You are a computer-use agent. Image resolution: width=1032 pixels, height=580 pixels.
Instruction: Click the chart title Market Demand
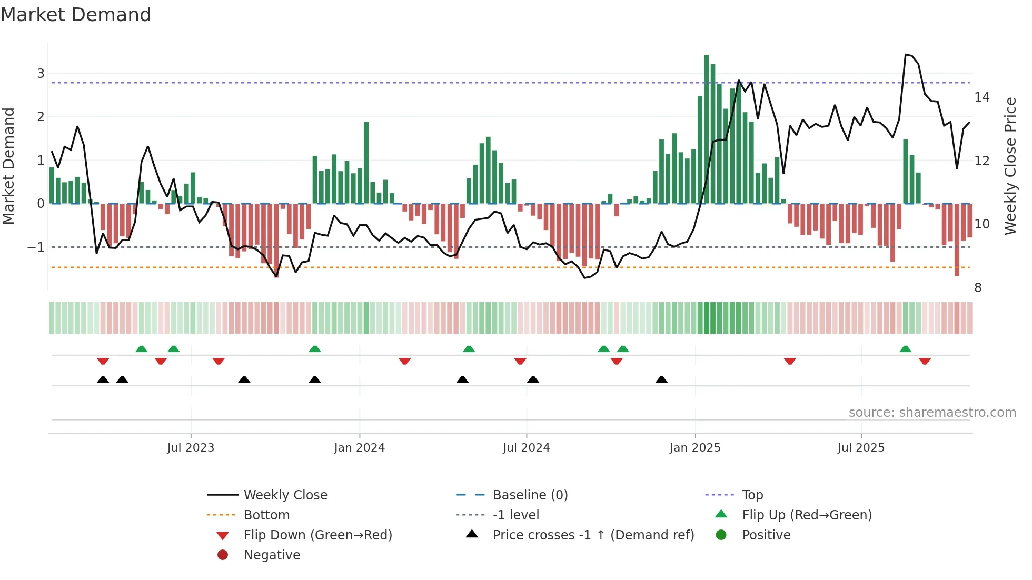[x=76, y=15]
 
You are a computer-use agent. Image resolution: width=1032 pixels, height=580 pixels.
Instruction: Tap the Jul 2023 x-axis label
[x=191, y=448]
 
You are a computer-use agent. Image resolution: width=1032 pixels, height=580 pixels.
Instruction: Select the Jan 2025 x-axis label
[x=695, y=448]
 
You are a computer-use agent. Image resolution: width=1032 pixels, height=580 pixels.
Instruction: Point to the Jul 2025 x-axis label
[x=861, y=448]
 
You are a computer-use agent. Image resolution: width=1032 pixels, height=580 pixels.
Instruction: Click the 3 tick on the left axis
[x=41, y=74]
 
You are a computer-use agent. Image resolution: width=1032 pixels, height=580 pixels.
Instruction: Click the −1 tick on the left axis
[x=36, y=247]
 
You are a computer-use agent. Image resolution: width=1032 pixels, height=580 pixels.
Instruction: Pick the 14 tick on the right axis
[x=981, y=97]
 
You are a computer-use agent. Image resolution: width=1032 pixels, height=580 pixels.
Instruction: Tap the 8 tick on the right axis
[x=978, y=288]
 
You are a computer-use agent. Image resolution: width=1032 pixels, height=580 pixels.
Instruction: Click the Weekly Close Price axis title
[x=1010, y=166]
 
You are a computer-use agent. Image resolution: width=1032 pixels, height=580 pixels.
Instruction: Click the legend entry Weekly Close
[x=285, y=495]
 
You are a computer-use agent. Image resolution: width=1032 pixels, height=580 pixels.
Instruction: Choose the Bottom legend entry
[x=266, y=515]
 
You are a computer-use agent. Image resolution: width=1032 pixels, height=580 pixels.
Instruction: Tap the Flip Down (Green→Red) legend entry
[x=317, y=535]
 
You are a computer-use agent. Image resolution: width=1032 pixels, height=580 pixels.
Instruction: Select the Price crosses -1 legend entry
[x=593, y=535]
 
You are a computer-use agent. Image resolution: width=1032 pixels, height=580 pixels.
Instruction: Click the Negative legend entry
[x=272, y=555]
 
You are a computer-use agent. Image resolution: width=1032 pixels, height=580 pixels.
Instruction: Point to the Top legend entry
[x=752, y=495]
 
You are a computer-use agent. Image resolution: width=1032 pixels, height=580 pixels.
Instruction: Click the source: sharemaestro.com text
[x=932, y=413]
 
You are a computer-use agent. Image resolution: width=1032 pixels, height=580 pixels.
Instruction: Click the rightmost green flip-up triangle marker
[x=906, y=349]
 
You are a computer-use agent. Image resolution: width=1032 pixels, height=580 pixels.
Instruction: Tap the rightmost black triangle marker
[x=662, y=380]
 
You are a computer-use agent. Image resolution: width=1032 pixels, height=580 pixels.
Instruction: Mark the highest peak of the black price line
[x=906, y=55]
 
